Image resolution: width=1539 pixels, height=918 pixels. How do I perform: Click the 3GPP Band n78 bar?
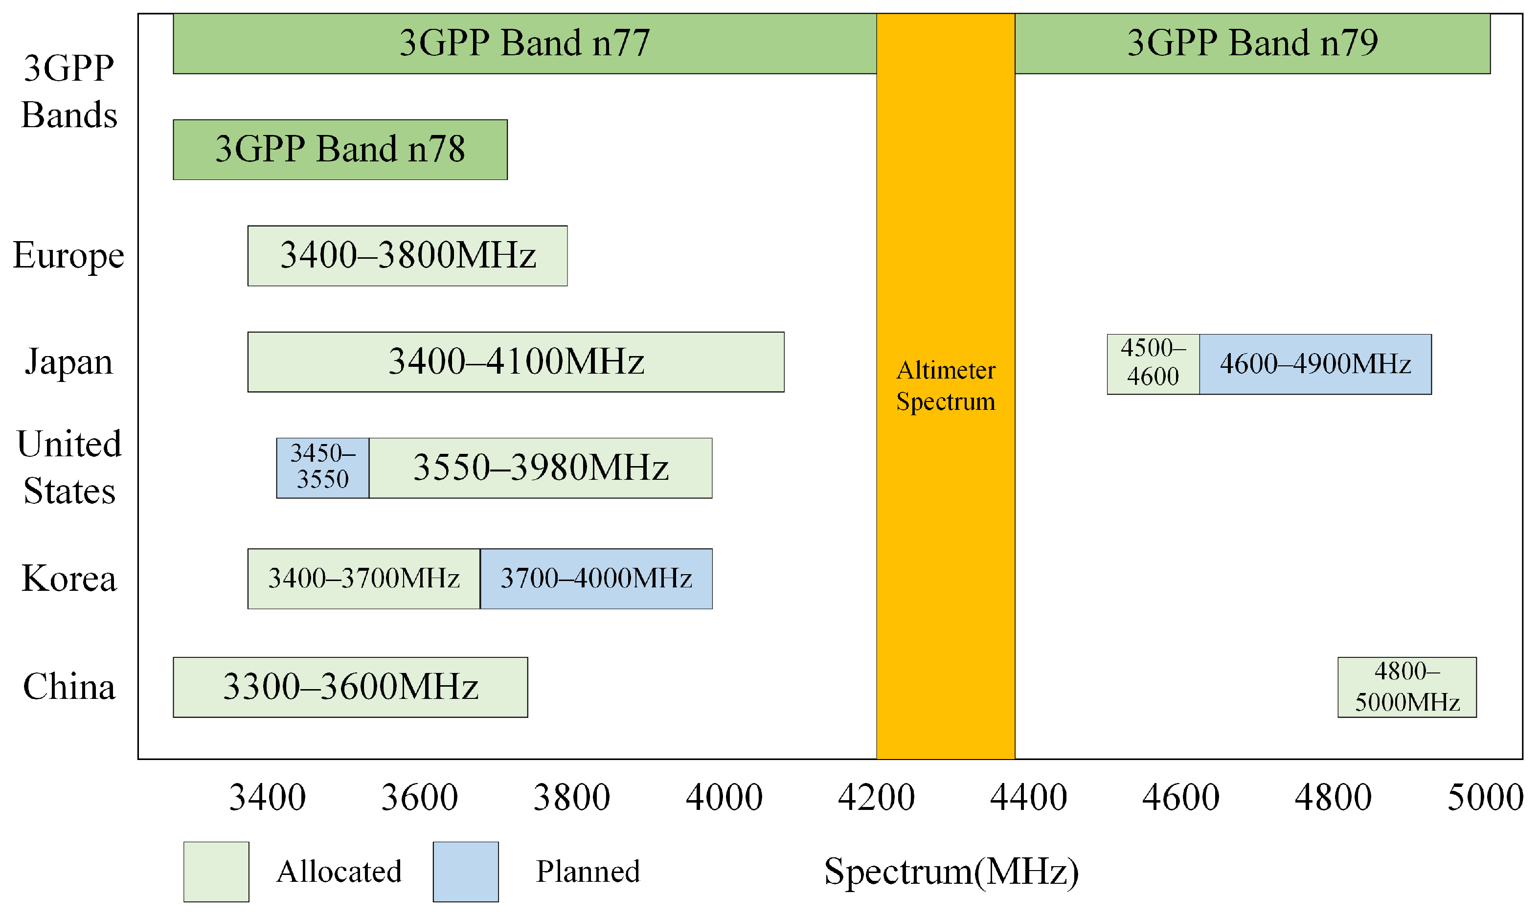pyautogui.click(x=339, y=150)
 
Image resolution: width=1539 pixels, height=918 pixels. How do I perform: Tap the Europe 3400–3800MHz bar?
pyautogui.click(x=407, y=255)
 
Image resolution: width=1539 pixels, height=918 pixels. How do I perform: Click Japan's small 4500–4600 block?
pyautogui.click(x=1153, y=364)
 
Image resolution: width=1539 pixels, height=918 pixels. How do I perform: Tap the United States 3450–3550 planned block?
pyautogui.click(x=322, y=468)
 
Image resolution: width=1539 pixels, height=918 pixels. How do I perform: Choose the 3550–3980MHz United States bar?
pyautogui.click(x=540, y=468)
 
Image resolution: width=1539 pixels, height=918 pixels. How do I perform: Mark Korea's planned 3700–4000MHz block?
pyautogui.click(x=596, y=579)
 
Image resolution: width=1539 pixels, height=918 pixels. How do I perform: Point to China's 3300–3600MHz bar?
pyautogui.click(x=350, y=687)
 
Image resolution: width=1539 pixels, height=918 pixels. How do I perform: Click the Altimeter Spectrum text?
pyautogui.click(x=945, y=386)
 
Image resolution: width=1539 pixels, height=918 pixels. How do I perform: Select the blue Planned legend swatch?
pyautogui.click(x=465, y=872)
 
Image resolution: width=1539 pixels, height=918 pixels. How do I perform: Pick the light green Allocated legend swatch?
pyautogui.click(x=216, y=872)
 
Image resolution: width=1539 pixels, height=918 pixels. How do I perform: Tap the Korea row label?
pyautogui.click(x=68, y=579)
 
